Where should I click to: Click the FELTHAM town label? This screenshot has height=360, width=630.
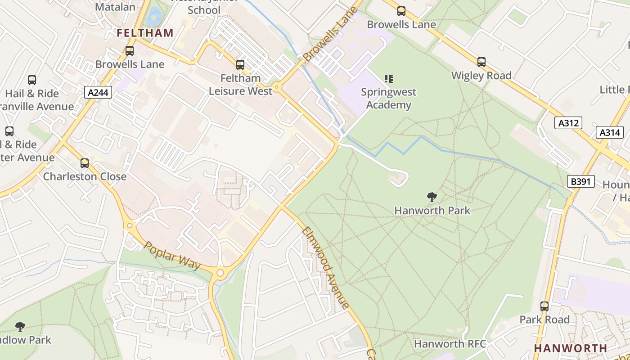click(145, 33)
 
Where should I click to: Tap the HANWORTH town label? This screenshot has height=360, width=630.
click(571, 348)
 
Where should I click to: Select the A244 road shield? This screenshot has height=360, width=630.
click(98, 93)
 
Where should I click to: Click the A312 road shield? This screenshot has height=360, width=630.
click(568, 123)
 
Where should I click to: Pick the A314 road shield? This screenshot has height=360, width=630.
click(610, 132)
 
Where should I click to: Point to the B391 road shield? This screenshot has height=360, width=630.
click(580, 182)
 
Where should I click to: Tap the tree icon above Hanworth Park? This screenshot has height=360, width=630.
click(432, 197)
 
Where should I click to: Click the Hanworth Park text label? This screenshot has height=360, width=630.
click(432, 210)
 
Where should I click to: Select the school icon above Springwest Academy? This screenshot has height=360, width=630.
click(389, 79)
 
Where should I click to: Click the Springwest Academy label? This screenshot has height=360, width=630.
click(389, 99)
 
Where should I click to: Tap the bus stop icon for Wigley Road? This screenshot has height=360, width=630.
click(481, 62)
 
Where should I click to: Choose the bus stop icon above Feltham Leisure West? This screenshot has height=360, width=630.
click(240, 65)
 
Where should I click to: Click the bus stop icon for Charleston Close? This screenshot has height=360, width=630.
click(85, 163)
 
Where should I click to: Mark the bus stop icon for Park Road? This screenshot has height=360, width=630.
click(544, 306)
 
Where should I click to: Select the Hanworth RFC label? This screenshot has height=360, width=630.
click(450, 344)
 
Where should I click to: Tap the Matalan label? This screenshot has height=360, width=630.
click(115, 7)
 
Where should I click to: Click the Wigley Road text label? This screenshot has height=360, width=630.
click(481, 76)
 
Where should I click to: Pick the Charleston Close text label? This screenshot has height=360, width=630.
click(85, 176)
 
